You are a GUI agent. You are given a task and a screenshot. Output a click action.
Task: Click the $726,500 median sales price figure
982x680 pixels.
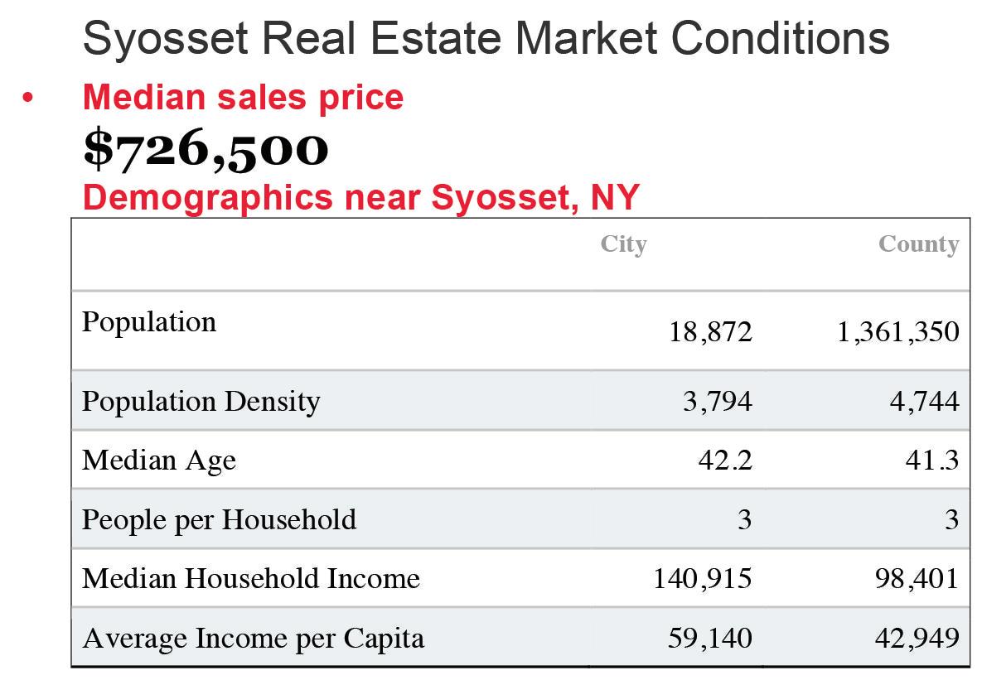(206, 149)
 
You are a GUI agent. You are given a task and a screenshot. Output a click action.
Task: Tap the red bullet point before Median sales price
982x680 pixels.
(27, 98)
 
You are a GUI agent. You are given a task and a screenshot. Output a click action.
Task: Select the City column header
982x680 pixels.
(623, 244)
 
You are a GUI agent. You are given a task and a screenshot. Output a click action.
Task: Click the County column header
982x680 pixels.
(919, 244)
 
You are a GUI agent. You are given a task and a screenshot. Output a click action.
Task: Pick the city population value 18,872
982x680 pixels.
(710, 332)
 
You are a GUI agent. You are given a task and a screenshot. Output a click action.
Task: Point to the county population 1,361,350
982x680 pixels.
(898, 332)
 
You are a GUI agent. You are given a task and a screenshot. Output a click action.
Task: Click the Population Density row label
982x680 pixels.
(201, 402)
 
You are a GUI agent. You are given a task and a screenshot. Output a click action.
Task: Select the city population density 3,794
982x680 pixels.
(717, 402)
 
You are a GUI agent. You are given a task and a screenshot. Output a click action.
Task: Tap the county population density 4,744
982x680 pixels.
(924, 402)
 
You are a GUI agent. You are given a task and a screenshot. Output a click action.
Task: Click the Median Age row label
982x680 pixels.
(159, 461)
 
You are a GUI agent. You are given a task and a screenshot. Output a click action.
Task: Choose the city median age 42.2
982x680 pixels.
(724, 461)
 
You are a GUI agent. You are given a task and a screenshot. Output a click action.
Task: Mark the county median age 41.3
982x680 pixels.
(932, 461)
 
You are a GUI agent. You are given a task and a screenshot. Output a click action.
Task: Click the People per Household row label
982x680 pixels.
(220, 519)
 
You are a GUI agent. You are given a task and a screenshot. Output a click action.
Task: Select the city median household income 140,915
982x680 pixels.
(702, 579)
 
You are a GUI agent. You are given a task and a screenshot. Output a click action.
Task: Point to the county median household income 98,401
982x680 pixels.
(917, 579)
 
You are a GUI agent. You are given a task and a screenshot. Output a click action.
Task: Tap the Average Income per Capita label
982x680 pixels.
(253, 639)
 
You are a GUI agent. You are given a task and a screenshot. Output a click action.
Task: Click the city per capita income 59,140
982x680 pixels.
(709, 638)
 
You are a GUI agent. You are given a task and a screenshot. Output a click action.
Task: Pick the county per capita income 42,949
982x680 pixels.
(917, 638)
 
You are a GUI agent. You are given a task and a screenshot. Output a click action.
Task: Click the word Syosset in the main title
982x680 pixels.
(166, 39)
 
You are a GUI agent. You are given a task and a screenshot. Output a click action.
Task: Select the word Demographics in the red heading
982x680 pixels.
(208, 199)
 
